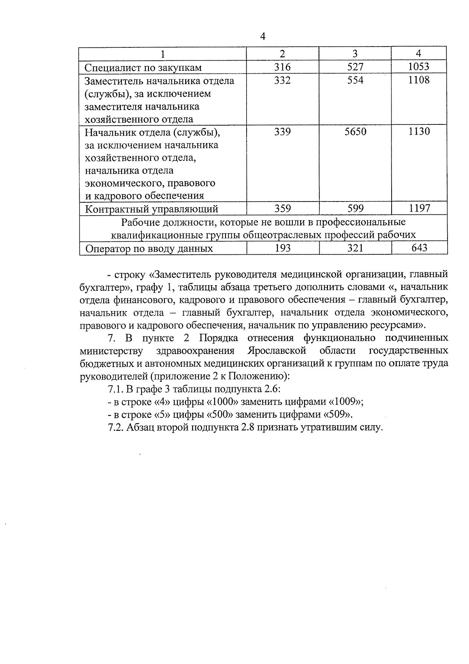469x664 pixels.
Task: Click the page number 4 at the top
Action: click(263, 37)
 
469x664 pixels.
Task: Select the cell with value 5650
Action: click(355, 132)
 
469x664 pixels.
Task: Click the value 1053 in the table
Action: click(419, 67)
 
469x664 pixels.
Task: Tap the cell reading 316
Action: click(282, 67)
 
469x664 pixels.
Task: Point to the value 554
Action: click(355, 80)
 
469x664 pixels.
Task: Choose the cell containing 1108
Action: click(419, 80)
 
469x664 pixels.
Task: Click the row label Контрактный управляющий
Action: click(152, 209)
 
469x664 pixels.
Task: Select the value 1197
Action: click(419, 209)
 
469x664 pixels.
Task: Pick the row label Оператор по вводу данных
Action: click(149, 248)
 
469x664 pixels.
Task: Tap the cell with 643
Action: click(419, 248)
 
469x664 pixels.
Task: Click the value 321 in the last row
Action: click(355, 248)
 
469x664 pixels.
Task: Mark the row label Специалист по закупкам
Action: click(143, 67)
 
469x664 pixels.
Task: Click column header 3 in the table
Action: click(355, 54)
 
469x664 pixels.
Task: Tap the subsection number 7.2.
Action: click(116, 428)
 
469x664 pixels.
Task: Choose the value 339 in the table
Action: click(282, 132)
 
